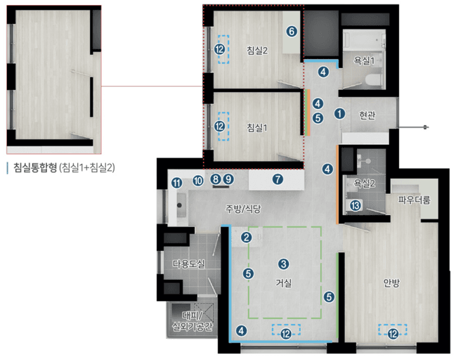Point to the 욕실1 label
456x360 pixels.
click(363, 61)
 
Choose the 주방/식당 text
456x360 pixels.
click(242, 208)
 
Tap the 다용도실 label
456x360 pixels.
click(188, 264)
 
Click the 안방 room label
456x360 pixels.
click(392, 283)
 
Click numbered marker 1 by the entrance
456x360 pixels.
click(341, 113)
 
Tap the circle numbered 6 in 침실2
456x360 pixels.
click(292, 31)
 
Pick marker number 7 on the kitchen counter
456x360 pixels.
click(278, 179)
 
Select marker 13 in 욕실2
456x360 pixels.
click(356, 206)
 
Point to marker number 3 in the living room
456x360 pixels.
click(284, 264)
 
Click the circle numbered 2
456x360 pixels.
click(246, 238)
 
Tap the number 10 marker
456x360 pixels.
click(198, 181)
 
